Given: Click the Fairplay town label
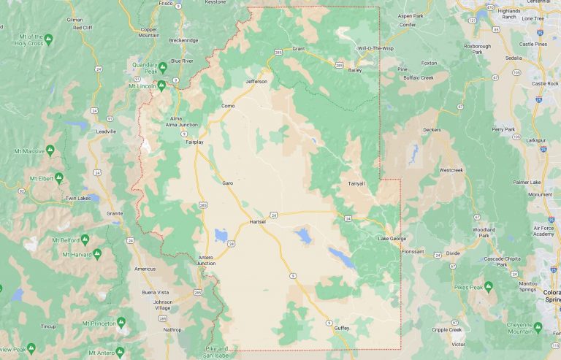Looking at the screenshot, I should [x=194, y=142].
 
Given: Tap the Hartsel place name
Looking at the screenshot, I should [x=259, y=221].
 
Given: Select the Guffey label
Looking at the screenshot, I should [x=341, y=329].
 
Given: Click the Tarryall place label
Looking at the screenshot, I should [x=356, y=183].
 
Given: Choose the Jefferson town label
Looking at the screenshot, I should [x=256, y=81].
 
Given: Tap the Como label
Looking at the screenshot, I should [x=227, y=106].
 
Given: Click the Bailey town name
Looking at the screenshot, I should [x=355, y=70].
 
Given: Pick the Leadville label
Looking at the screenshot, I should [x=106, y=131].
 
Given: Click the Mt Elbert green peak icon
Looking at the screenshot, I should [x=59, y=177].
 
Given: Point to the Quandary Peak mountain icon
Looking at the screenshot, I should [x=163, y=66].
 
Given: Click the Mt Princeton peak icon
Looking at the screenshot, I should [x=121, y=321].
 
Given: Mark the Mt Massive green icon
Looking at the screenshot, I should [x=50, y=150].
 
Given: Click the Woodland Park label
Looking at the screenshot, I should [x=484, y=232].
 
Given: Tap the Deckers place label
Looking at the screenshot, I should [x=432, y=130].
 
